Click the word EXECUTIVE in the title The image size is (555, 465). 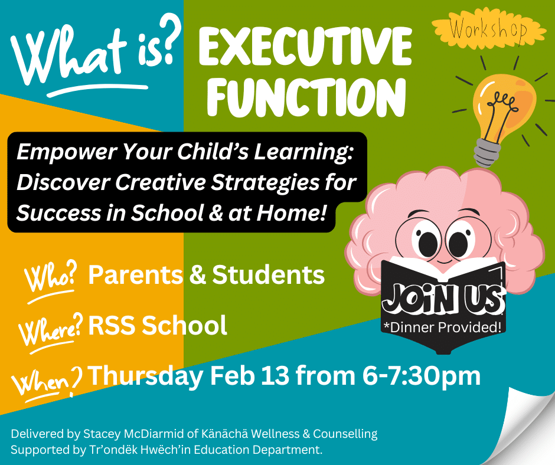(306, 47)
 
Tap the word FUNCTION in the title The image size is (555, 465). (306, 98)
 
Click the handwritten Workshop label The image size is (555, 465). (488, 29)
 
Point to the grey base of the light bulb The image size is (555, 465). (488, 152)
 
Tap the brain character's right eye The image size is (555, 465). (460, 243)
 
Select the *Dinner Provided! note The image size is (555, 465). (443, 328)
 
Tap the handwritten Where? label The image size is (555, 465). (52, 329)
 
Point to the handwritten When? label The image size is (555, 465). (47, 382)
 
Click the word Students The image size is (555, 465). (268, 275)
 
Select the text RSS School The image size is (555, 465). (158, 325)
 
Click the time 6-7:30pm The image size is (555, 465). (421, 376)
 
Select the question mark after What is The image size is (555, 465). (167, 39)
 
